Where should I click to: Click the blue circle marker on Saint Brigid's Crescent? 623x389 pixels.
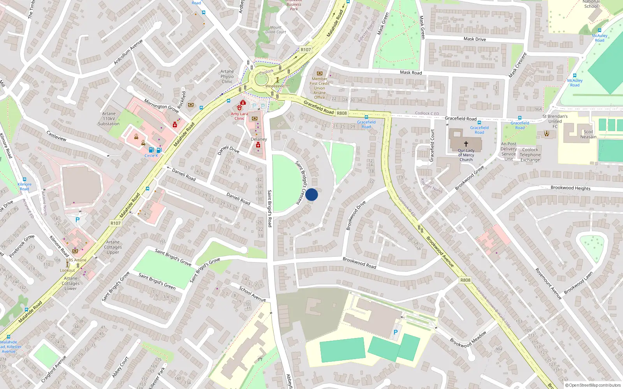click(311, 194)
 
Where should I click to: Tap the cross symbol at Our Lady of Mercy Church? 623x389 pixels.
click(466, 144)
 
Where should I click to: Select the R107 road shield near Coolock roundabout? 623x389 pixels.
click(306, 50)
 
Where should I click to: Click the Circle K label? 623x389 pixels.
click(151, 156)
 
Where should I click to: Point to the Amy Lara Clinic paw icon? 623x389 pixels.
click(239, 107)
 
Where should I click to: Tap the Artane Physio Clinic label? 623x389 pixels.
click(227, 77)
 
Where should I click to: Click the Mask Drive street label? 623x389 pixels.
click(475, 39)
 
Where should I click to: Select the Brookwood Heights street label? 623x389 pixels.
click(570, 188)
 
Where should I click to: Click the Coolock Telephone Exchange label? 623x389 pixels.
click(530, 155)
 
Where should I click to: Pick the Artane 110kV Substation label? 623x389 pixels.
click(109, 119)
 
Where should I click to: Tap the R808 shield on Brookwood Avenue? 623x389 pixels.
click(465, 280)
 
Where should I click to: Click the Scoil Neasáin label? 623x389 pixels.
click(588, 134)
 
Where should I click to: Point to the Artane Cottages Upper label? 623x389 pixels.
click(113, 247)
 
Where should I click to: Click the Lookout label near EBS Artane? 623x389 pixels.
click(67, 270)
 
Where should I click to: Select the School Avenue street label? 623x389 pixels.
click(252, 294)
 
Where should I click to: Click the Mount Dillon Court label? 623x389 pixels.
click(276, 30)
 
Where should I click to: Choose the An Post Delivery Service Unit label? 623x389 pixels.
click(509, 151)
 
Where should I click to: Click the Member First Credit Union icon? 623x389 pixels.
click(320, 73)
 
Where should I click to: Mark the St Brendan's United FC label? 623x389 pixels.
click(555, 121)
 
